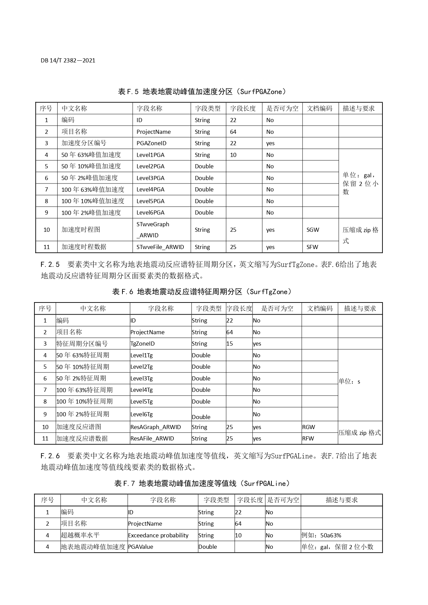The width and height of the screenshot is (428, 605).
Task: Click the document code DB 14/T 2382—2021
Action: pyautogui.click(x=68, y=60)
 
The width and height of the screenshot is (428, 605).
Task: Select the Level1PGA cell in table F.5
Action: pyautogui.click(x=150, y=155)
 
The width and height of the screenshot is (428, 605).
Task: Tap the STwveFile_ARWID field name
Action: pyautogui.click(x=160, y=247)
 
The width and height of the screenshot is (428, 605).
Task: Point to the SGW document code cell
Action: pyautogui.click(x=313, y=230)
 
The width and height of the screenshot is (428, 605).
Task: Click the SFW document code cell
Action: pyautogui.click(x=312, y=247)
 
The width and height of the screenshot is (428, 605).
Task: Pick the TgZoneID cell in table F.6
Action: pyautogui.click(x=142, y=344)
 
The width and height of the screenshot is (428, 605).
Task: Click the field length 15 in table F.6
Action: pyautogui.click(x=230, y=344)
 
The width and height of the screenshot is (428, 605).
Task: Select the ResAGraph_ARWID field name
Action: pyautogui.click(x=156, y=427)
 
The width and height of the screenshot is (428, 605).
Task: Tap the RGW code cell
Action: pyautogui.click(x=309, y=427)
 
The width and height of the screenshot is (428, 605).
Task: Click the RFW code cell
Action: pyautogui.click(x=308, y=438)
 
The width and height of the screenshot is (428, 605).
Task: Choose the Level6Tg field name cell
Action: pyautogui.click(x=141, y=414)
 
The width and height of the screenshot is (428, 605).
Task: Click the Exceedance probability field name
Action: pyautogui.click(x=158, y=535)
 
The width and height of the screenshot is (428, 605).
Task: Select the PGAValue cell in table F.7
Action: pyautogui.click(x=141, y=547)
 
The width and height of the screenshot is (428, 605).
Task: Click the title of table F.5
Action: pyautogui.click(x=202, y=92)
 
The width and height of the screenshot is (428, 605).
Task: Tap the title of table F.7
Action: pyautogui.click(x=202, y=484)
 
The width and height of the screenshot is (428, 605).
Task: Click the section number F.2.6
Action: pyautogui.click(x=50, y=456)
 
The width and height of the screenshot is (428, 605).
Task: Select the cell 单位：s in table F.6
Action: pyautogui.click(x=349, y=381)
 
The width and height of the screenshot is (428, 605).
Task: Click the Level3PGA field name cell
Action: pyautogui.click(x=150, y=178)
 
